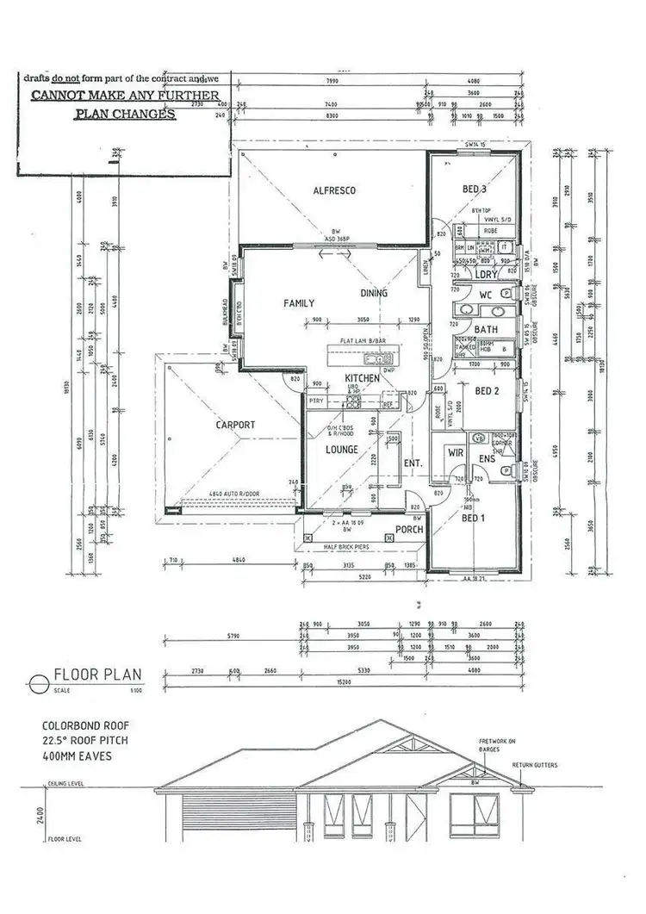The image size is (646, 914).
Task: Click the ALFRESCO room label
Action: point(334,190)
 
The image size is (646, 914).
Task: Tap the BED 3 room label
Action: point(475,190)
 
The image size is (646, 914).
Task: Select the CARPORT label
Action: point(234,425)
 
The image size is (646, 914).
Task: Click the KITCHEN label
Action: point(363,379)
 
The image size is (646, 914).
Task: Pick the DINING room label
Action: point(374,293)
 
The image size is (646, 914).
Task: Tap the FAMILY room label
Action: point(299,303)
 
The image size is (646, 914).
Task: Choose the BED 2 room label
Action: point(488,390)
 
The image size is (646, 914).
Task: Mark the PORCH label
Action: point(408,529)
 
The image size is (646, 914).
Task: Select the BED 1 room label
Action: point(475,519)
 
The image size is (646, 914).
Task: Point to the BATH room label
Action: point(485,329)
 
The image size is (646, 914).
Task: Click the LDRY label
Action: point(487,274)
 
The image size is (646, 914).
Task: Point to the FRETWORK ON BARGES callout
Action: point(497,744)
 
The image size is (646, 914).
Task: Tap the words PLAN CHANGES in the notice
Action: point(125,114)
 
